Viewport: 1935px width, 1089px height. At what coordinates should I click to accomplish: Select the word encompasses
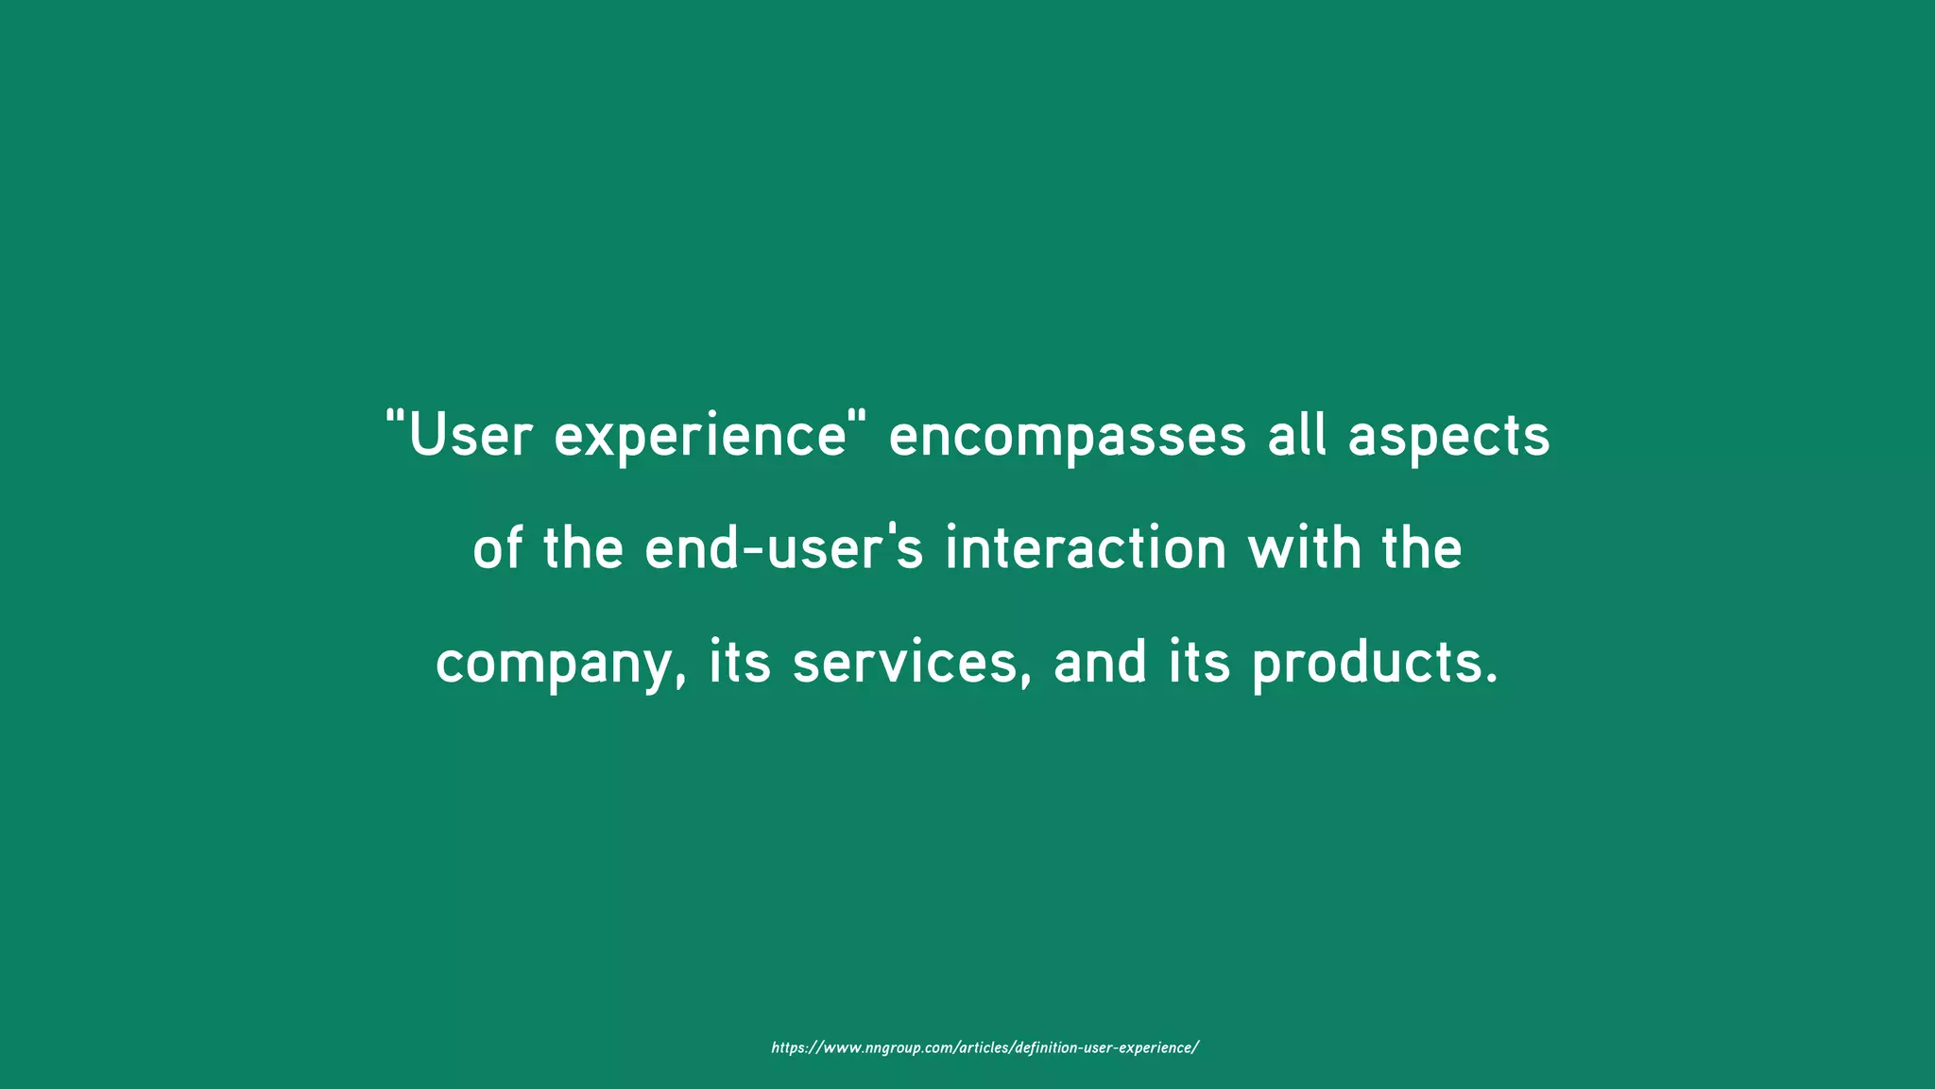[1068, 436]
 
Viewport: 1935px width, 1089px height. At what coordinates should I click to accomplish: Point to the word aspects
[1448, 436]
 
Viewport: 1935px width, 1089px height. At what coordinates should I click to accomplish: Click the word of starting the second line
[497, 549]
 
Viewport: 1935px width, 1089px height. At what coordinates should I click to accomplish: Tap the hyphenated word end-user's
[783, 549]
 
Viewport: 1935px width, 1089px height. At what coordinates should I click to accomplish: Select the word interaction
[1086, 549]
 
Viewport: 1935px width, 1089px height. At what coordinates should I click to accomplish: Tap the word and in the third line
[1100, 663]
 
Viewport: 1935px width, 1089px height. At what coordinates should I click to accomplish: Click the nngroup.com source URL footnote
[985, 1047]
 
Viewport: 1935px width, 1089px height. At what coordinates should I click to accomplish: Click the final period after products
[1492, 679]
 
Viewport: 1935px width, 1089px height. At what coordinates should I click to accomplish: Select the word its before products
[1199, 663]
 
